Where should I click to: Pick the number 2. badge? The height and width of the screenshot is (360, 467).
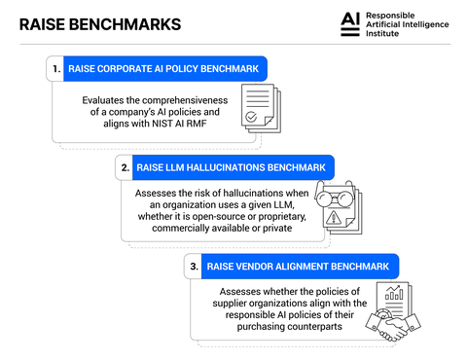125,167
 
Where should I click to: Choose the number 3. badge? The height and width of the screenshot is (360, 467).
194,266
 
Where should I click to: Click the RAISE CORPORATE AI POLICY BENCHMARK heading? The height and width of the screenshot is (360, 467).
165,69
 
